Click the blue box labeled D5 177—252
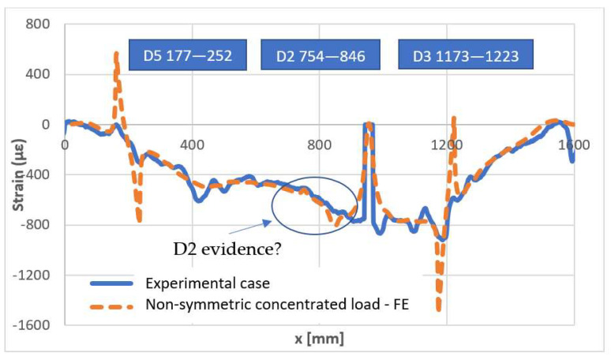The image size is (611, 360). [x=183, y=57]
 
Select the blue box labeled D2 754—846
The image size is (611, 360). [x=317, y=57]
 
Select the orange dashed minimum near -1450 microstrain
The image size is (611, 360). [x=439, y=308]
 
